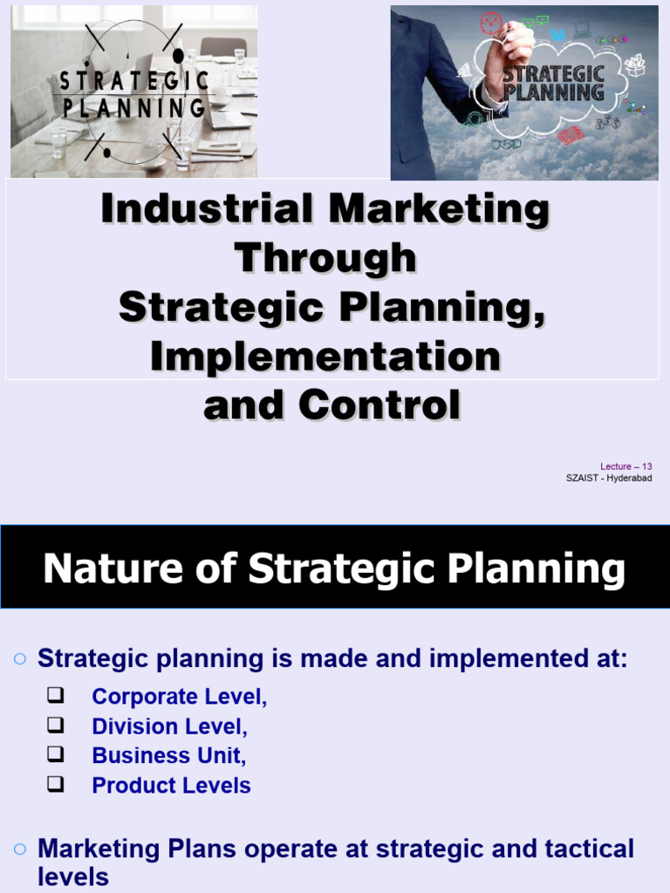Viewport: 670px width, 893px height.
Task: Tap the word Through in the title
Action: (325, 259)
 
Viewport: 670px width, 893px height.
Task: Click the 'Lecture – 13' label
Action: (626, 467)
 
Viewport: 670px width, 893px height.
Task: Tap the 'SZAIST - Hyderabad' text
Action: (609, 478)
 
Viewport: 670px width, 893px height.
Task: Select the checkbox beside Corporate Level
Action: (56, 696)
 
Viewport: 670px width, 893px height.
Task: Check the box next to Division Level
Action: (56, 726)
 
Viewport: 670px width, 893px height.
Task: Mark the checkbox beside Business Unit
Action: (56, 755)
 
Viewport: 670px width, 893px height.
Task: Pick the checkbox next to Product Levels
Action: (56, 784)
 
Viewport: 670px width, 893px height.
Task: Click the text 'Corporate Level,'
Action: (179, 697)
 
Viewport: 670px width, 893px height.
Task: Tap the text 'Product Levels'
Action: (171, 786)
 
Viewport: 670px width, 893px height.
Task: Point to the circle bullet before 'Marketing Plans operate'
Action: (20, 849)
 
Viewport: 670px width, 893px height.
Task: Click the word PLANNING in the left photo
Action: (133, 109)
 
